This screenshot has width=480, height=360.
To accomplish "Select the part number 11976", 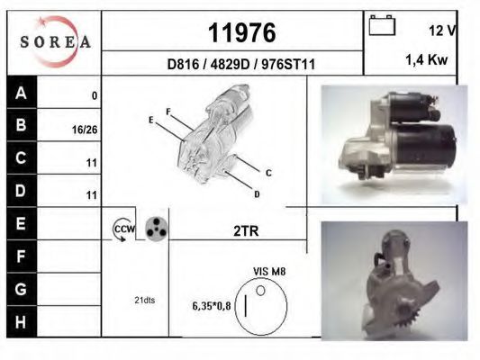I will tap(241, 33).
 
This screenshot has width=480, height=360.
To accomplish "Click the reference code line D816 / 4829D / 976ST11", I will tap(240, 65).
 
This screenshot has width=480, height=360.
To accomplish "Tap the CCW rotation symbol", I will tap(122, 230).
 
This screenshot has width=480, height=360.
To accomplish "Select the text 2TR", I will tap(246, 231).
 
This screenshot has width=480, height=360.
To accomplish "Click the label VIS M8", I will tap(269, 270).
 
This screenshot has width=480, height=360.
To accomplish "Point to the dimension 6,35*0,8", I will tap(212, 306).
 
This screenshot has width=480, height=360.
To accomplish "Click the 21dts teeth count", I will tap(143, 300).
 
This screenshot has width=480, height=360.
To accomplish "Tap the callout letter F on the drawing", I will tap(168, 112).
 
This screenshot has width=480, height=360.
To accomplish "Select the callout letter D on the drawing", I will tap(257, 193).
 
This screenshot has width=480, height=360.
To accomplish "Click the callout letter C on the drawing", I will tap(268, 172).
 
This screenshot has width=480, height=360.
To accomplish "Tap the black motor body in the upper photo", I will tap(436, 144).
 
